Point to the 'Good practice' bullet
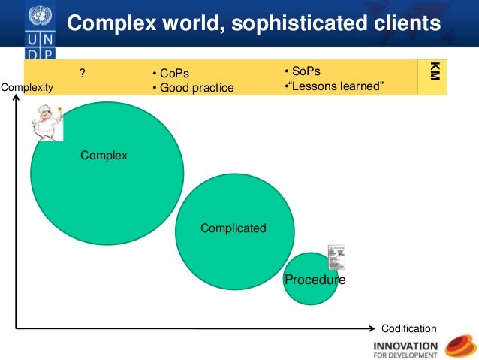tap(197, 88)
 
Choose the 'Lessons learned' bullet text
tap(337, 86)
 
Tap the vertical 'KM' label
tap(433, 74)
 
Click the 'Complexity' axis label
tap(28, 87)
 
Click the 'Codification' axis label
tap(408, 328)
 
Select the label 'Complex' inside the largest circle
tap(104, 156)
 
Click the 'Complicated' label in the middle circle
tap(233, 228)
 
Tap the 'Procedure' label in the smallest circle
tap(315, 280)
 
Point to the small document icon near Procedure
tap(336, 258)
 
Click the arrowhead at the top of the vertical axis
tap(16, 99)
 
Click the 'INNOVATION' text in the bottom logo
tap(405, 346)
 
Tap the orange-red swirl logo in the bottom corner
tap(460, 346)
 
